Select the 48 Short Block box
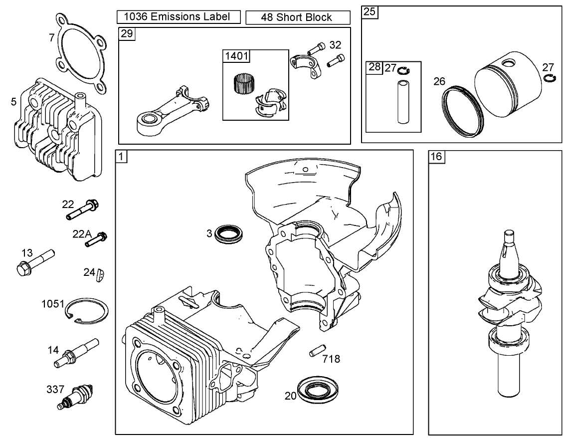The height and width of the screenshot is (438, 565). pos(298,17)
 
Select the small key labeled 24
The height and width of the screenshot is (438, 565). pos(101,273)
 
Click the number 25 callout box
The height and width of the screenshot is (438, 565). pos(370,12)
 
